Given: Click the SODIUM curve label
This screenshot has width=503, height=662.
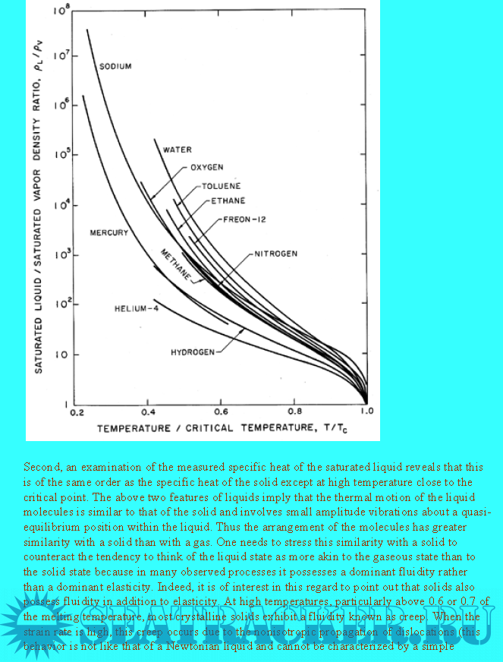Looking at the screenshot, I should pyautogui.click(x=115, y=67).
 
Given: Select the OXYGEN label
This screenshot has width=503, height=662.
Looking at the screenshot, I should pyautogui.click(x=206, y=167).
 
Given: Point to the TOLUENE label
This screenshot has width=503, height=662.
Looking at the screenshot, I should pyautogui.click(x=222, y=186).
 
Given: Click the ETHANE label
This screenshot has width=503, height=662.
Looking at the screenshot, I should pyautogui.click(x=228, y=201).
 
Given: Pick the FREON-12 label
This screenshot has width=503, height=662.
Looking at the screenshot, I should pyautogui.click(x=244, y=219).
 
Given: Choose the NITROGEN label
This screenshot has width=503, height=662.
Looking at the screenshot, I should pyautogui.click(x=275, y=254).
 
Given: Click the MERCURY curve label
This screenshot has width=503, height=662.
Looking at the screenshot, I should pyautogui.click(x=109, y=232).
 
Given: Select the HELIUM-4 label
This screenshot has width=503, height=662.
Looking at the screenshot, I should pyautogui.click(x=140, y=309).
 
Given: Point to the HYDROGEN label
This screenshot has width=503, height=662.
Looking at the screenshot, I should pyautogui.click(x=193, y=352).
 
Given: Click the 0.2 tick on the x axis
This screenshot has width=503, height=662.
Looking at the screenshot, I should pyautogui.click(x=77, y=414).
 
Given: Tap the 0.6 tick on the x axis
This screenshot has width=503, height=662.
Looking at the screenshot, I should pyautogui.click(x=222, y=414).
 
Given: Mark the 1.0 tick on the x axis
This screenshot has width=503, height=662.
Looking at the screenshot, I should pyautogui.click(x=367, y=414).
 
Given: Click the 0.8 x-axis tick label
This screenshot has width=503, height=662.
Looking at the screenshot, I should pyautogui.click(x=294, y=414).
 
